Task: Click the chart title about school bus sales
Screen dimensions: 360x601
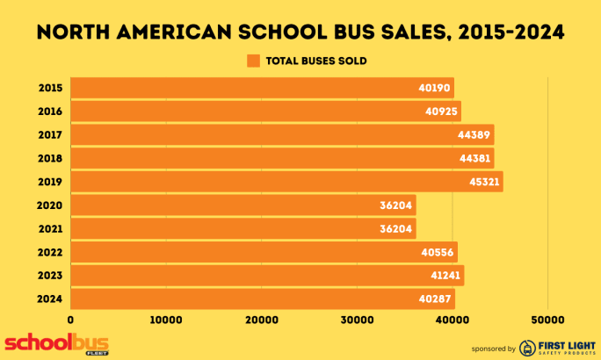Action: pyautogui.click(x=300, y=32)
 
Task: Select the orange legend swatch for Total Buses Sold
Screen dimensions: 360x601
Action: pyautogui.click(x=254, y=61)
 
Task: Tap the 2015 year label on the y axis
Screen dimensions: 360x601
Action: pyautogui.click(x=50, y=88)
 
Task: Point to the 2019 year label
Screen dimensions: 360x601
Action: pyautogui.click(x=50, y=182)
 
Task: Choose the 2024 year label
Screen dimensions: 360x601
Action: pyautogui.click(x=50, y=299)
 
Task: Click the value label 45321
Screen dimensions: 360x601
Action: pyautogui.click(x=482, y=182)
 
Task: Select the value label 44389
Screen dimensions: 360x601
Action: pyautogui.click(x=474, y=135)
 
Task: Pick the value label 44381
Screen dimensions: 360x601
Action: pyautogui.click(x=474, y=158)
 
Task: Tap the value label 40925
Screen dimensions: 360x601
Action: pyautogui.click(x=440, y=112)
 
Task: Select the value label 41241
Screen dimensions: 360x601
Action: pyautogui.click(x=444, y=276)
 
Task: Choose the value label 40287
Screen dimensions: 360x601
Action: pyautogui.click(x=434, y=299)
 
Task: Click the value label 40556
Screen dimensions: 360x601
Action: pyautogui.click(x=437, y=252)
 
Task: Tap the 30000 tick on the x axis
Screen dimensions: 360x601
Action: pyautogui.click(x=357, y=320)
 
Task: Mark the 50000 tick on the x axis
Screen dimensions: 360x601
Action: pyautogui.click(x=547, y=320)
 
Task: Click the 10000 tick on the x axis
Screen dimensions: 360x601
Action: pyautogui.click(x=165, y=320)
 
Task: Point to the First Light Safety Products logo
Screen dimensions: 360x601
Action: pyautogui.click(x=553, y=347)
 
